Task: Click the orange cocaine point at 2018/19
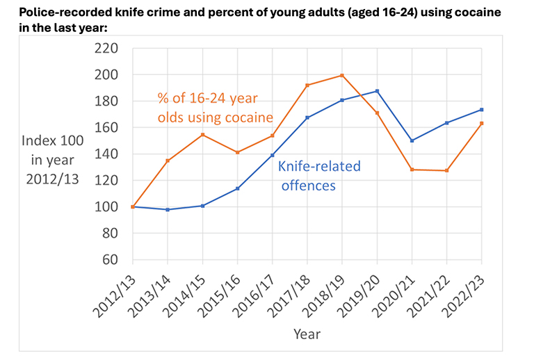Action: pyautogui.click(x=342, y=75)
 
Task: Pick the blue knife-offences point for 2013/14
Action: pyautogui.click(x=168, y=209)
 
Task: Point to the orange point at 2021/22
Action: pyautogui.click(x=447, y=170)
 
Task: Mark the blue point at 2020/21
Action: pyautogui.click(x=412, y=140)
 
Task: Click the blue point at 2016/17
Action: pyautogui.click(x=273, y=155)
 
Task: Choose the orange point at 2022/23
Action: pyautogui.click(x=482, y=123)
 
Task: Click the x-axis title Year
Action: pyautogui.click(x=307, y=334)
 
